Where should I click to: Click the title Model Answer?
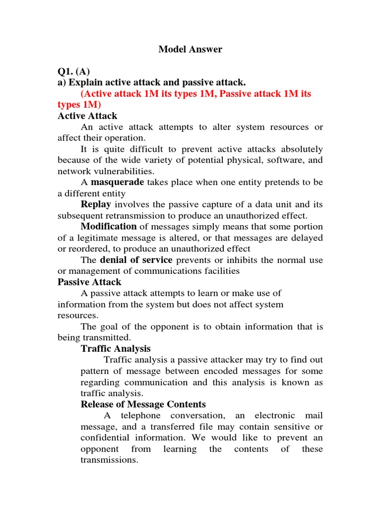(x=190, y=49)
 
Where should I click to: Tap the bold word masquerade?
(x=118, y=182)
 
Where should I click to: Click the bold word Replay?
(x=96, y=204)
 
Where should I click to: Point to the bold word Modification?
(x=105, y=227)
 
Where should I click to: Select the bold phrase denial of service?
(x=136, y=260)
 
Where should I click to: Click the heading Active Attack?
(x=87, y=116)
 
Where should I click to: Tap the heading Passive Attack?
(x=89, y=282)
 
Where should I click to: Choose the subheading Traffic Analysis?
(x=116, y=349)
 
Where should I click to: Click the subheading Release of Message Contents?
(x=143, y=404)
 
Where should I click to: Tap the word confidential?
(x=104, y=438)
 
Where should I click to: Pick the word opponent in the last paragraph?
(x=100, y=449)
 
